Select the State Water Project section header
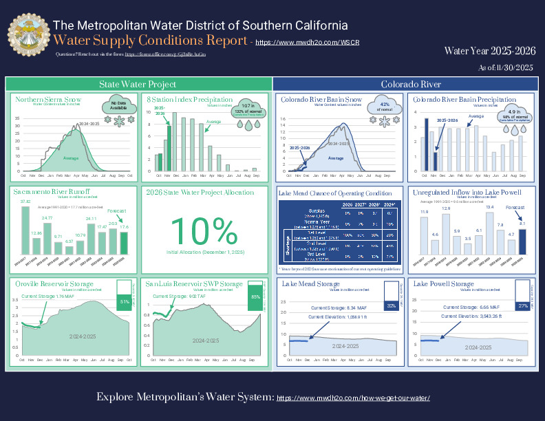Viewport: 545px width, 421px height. coord(138,84)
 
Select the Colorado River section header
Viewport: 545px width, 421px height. coord(411,84)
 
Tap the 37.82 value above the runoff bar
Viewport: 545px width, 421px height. coord(25,202)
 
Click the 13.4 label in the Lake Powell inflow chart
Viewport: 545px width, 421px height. coord(489,207)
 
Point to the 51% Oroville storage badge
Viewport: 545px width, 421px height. coord(125,302)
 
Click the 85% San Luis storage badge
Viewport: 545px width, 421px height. coord(255,296)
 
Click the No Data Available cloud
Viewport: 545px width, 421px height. coord(114,106)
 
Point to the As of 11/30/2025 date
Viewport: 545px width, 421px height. coord(505,67)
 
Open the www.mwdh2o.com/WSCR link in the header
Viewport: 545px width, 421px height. coord(298,43)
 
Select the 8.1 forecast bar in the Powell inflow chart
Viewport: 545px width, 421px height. coord(522,241)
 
